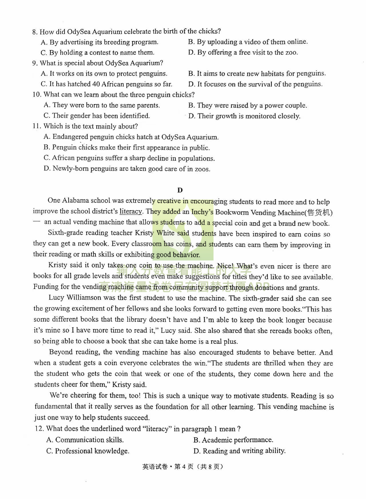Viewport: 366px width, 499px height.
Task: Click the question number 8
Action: point(35,32)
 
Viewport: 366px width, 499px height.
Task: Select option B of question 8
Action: point(248,42)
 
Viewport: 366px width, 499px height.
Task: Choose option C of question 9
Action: point(106,84)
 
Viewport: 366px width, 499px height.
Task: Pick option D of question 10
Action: point(244,116)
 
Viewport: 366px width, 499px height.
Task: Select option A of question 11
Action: point(131,137)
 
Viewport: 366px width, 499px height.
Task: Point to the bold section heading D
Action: point(180,190)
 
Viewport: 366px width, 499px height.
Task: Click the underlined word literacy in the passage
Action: point(130,212)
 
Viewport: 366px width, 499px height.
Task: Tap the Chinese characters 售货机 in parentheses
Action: point(319,213)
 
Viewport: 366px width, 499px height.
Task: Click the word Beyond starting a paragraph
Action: point(60,352)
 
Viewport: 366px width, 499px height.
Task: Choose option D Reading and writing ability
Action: point(239,451)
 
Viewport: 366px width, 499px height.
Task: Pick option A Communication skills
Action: point(85,440)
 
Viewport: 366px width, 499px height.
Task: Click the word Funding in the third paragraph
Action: point(44,287)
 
